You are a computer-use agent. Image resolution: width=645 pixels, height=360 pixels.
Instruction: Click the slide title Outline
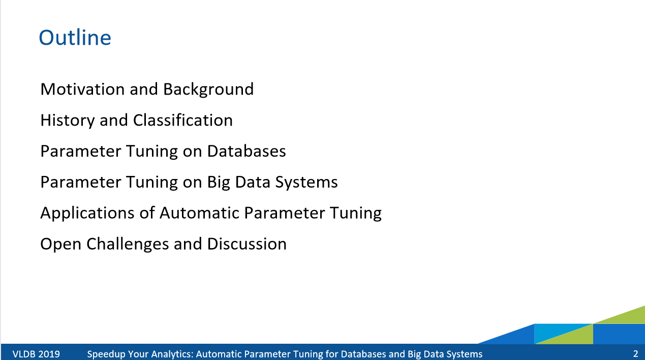[x=75, y=38]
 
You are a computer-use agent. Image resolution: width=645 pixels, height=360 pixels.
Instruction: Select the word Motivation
[x=82, y=89]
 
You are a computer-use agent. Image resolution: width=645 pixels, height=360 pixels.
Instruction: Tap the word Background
[x=208, y=89]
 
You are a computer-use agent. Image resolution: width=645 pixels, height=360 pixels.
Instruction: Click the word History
[x=68, y=121]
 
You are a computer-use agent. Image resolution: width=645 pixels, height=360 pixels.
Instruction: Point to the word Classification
[x=183, y=120]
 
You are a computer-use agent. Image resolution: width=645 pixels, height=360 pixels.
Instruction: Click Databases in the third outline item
[x=247, y=151]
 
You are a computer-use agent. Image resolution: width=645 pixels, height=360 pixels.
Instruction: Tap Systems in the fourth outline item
[x=306, y=183]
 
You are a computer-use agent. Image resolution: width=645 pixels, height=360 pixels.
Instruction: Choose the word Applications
[x=87, y=214]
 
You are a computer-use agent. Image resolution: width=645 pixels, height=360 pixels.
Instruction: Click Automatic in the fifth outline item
[x=199, y=213]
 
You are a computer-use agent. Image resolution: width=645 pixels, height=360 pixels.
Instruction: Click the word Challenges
[x=127, y=245]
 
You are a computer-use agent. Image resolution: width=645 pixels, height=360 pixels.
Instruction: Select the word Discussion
[x=247, y=244]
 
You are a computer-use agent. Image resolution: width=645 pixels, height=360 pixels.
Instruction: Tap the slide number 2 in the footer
[x=635, y=354]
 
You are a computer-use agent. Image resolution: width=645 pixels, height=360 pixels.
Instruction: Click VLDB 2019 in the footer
[x=36, y=354]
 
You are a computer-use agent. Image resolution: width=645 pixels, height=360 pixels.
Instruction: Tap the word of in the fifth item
[x=147, y=213]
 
